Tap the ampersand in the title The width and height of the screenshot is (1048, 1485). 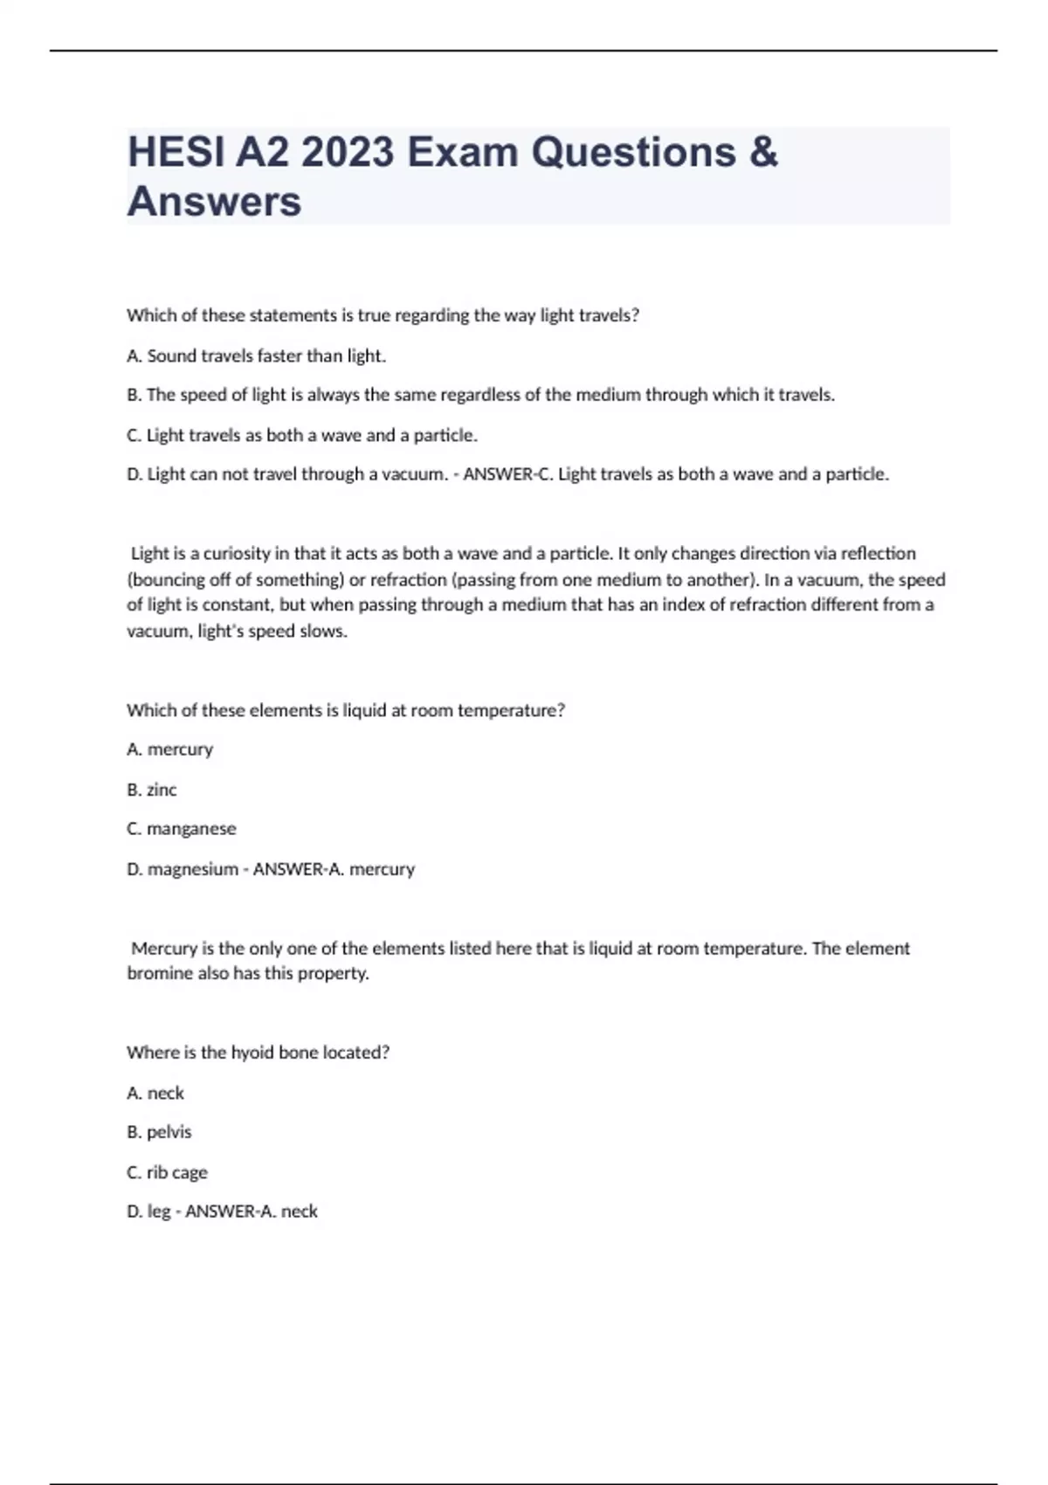point(762,153)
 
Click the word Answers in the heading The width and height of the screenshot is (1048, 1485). point(214,202)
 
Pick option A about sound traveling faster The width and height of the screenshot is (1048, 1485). point(256,356)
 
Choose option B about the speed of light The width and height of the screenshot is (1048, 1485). point(480,395)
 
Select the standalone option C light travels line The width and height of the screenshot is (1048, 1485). point(302,435)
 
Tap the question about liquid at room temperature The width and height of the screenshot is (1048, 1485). point(346,710)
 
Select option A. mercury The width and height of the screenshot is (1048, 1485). point(169,749)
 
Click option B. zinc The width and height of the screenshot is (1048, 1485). point(152,790)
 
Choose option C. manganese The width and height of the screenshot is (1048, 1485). point(181,829)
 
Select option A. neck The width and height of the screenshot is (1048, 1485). point(155,1093)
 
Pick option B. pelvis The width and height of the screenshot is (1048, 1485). point(159,1132)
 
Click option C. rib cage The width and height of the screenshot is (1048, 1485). point(167,1172)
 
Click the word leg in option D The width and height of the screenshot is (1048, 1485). point(159,1212)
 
